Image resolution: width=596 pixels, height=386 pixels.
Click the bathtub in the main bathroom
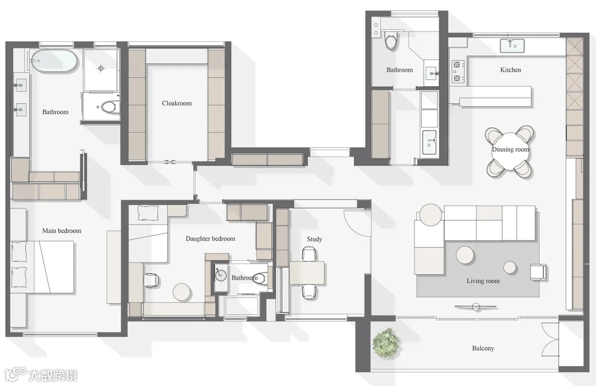tap(54, 61)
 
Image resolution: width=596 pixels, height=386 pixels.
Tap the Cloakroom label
tap(177, 103)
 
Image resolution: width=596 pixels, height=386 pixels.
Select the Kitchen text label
tap(510, 70)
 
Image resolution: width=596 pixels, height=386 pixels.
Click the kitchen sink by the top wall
tap(512, 46)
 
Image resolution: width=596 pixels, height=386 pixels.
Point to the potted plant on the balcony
tap(386, 343)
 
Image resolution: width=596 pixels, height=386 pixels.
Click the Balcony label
tap(483, 349)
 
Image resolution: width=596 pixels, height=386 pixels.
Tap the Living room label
tap(483, 281)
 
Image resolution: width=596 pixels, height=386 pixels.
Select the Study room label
tap(315, 239)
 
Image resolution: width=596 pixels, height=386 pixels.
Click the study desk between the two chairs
tap(307, 273)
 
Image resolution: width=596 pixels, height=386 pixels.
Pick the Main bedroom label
tap(62, 231)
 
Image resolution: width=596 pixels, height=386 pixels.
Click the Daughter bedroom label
tap(210, 239)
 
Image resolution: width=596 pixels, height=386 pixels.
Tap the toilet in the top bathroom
tap(391, 41)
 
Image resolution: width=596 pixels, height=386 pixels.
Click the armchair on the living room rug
tap(538, 272)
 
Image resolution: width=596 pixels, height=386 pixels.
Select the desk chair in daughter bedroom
tap(152, 280)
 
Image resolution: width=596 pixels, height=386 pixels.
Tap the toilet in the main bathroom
tap(110, 107)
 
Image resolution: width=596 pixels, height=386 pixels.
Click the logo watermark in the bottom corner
tap(41, 374)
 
